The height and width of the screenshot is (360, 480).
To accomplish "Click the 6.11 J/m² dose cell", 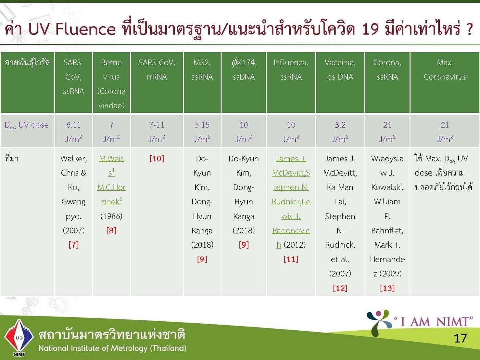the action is click(73, 132).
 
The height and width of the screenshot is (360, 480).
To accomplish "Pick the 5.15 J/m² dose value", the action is click(202, 132).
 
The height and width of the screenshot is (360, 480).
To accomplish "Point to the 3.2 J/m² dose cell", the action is click(340, 132).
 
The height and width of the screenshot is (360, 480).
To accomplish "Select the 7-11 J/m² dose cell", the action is click(157, 132).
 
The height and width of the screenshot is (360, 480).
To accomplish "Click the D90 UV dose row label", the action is click(26, 125).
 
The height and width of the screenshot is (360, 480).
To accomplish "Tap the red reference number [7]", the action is click(73, 245).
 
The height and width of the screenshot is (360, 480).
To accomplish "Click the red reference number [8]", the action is click(111, 230).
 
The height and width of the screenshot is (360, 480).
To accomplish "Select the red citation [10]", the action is click(157, 158).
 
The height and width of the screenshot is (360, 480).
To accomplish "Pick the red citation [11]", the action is click(291, 259).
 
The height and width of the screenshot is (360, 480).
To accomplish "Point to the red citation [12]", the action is click(340, 288).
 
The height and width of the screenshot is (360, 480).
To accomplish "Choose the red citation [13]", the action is click(387, 288).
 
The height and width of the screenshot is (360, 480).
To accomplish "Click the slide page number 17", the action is click(460, 338).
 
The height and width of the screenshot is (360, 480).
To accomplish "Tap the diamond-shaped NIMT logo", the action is click(19, 337).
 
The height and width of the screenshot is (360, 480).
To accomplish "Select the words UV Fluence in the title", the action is click(72, 29).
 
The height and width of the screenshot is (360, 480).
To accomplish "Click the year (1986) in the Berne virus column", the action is click(111, 216).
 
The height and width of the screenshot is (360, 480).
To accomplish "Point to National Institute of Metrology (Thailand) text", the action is click(112, 348).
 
